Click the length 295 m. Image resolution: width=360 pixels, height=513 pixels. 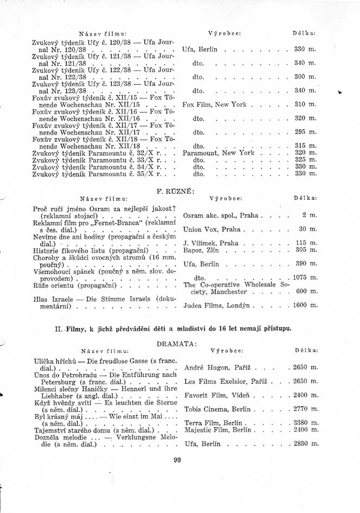click(x=305, y=132)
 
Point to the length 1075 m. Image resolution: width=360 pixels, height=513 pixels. click(x=305, y=277)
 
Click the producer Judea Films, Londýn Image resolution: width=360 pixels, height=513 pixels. click(x=217, y=306)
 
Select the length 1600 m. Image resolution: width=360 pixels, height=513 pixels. click(x=305, y=306)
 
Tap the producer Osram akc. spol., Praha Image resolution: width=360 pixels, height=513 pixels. click(x=220, y=216)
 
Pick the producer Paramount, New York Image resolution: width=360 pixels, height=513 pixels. click(x=218, y=153)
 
